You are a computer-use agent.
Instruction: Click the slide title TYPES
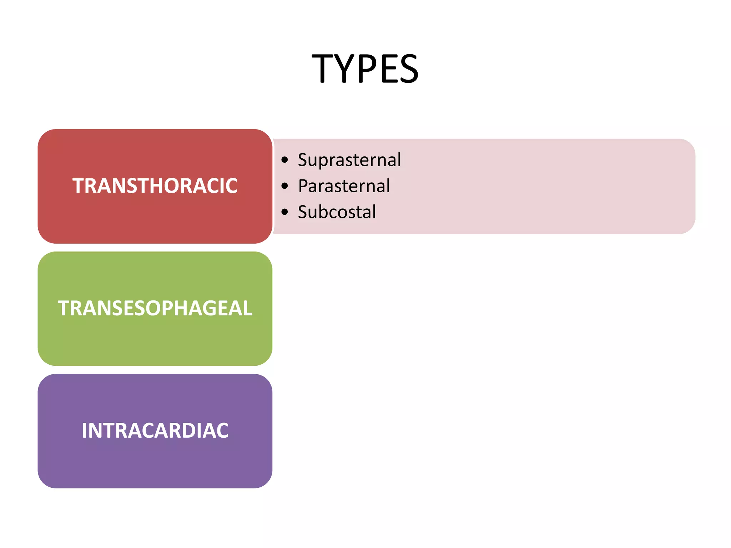[365, 68]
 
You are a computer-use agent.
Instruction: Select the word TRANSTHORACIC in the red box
[155, 186]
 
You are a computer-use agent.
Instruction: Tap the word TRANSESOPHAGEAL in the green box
[155, 308]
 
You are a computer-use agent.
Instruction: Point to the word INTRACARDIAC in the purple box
[155, 431]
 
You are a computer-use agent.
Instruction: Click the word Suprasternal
[349, 160]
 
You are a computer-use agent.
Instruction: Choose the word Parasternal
[344, 186]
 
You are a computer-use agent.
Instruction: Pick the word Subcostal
[337, 212]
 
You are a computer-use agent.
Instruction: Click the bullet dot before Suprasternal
[284, 160]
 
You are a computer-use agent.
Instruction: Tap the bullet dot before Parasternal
[284, 186]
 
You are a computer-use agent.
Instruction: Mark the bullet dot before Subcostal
[284, 212]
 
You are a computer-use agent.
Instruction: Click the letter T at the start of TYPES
[323, 68]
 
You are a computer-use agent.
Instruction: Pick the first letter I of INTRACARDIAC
[84, 431]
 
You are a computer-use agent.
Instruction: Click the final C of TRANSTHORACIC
[231, 186]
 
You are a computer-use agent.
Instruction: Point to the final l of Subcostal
[374, 212]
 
